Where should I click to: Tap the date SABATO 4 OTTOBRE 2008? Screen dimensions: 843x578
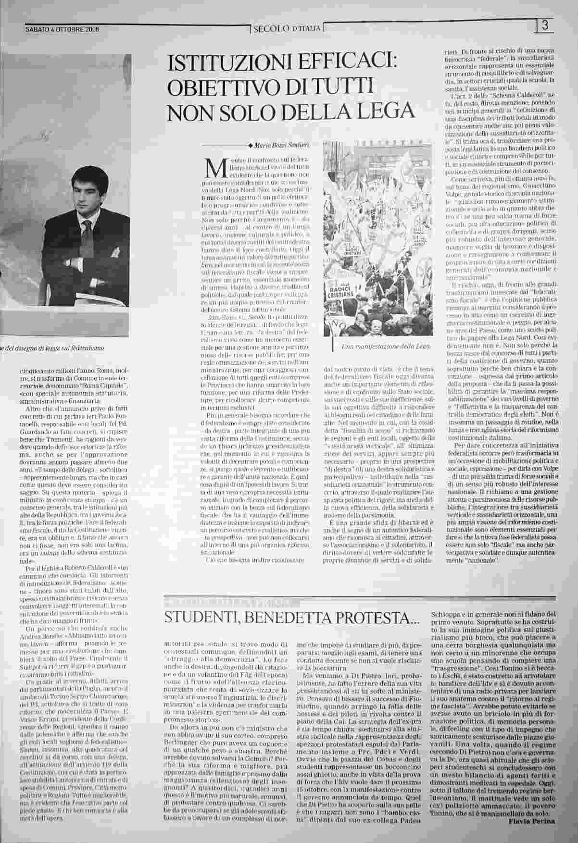coord(62,29)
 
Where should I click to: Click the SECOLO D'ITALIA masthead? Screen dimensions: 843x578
coord(288,29)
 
